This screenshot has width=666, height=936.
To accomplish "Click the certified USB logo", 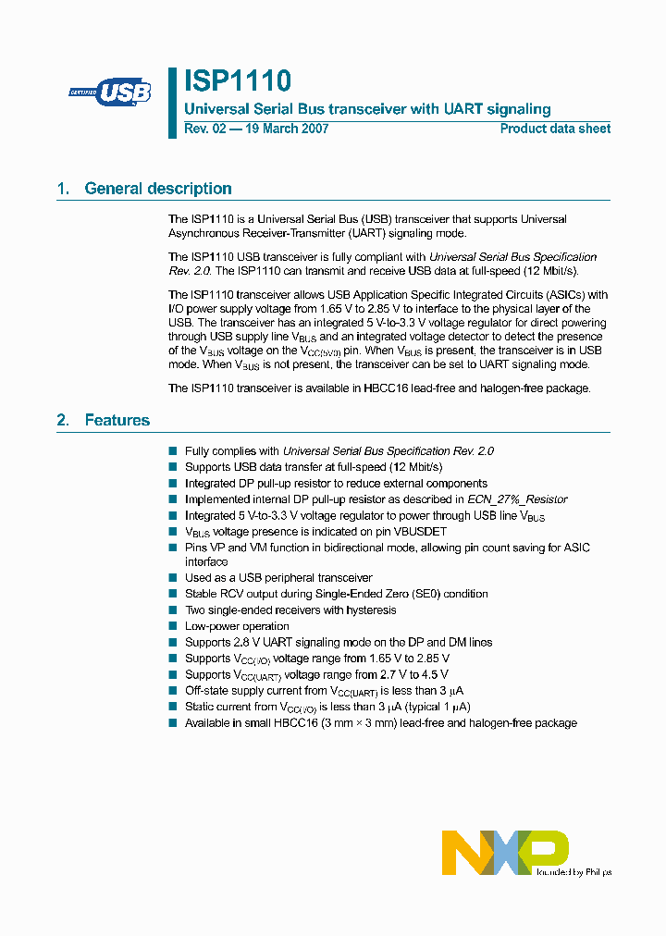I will pos(110,92).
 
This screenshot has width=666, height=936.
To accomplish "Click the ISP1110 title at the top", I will pos(238,81).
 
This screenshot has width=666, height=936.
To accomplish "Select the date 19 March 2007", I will pos(286,129).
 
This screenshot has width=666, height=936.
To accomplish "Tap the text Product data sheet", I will pos(555,129).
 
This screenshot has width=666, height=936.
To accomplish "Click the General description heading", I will pos(158,189).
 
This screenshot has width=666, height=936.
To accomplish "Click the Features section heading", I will pos(117,420).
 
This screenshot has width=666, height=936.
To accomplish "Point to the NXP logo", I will pos(505,852).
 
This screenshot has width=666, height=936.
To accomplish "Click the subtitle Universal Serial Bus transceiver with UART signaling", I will pos(367,109).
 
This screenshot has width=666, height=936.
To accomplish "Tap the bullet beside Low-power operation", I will pos(172,626).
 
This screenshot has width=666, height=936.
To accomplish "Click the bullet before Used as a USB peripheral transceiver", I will pos(172,578).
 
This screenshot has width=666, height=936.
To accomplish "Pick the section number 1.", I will pos(63,189).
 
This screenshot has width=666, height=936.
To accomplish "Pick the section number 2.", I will pos(63,420).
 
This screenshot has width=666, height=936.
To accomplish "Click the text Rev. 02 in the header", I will pos(204,129).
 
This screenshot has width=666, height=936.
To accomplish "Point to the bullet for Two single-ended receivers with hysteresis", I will pos(172,610).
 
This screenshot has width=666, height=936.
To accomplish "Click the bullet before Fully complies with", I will pos(172,451).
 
